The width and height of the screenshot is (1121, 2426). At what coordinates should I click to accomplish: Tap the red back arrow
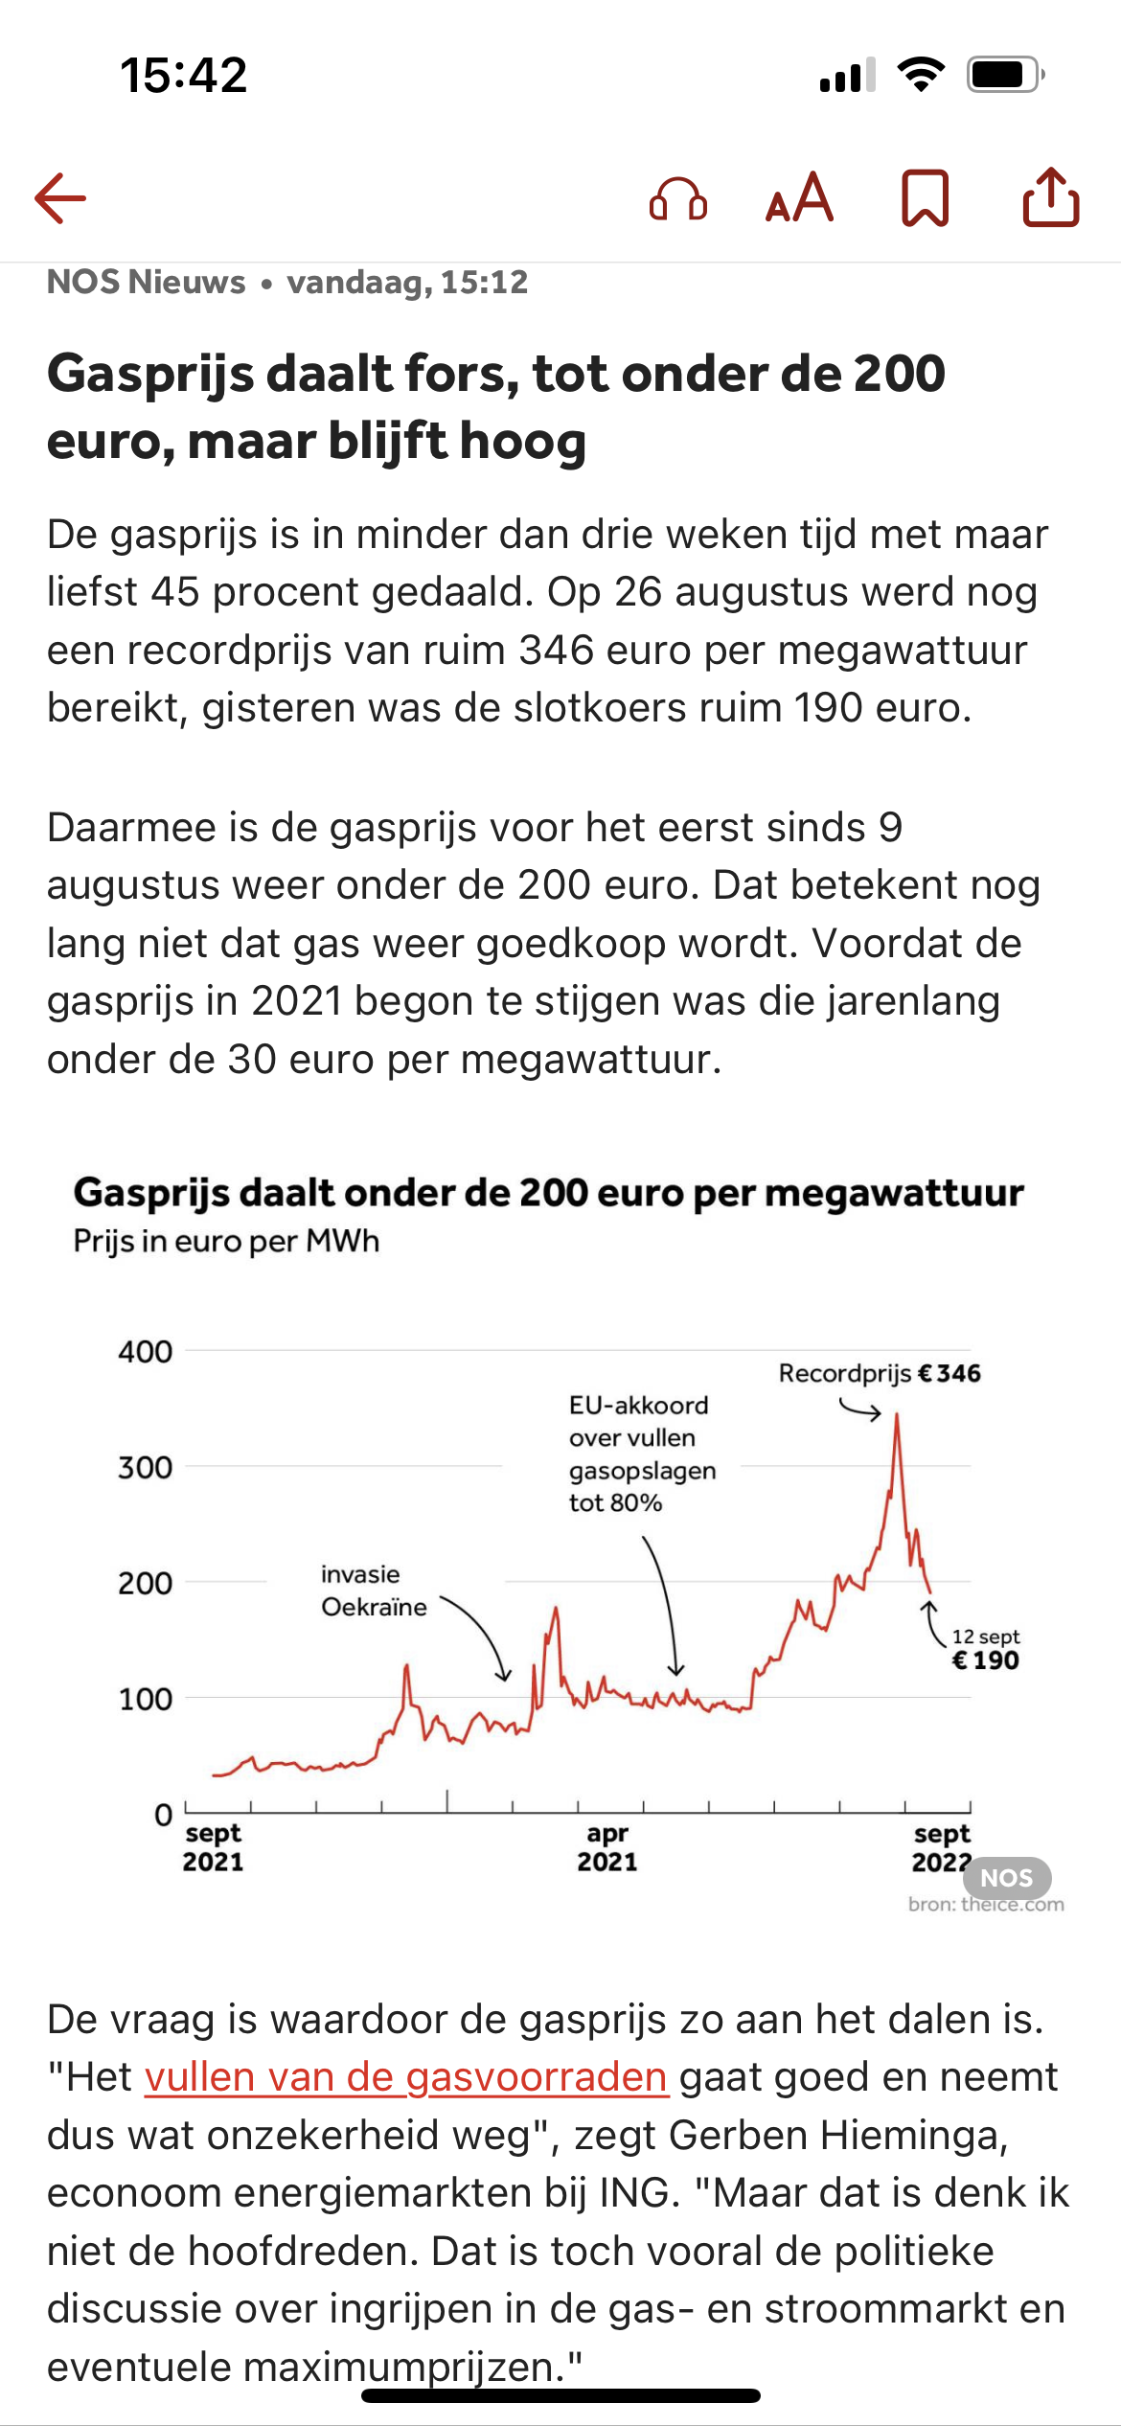tap(60, 198)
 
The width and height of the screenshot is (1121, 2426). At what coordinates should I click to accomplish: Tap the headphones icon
tap(678, 199)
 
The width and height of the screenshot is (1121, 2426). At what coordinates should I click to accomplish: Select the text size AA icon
tap(800, 197)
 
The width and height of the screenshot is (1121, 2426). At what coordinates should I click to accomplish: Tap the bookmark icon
tap(926, 198)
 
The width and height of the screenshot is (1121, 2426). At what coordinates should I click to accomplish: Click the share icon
tap(1051, 196)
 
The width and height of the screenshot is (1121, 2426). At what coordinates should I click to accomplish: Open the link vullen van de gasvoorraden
tap(406, 2076)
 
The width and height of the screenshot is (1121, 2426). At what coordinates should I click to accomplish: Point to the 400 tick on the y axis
tap(146, 1352)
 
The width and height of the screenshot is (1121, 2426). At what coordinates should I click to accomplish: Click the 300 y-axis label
tap(146, 1467)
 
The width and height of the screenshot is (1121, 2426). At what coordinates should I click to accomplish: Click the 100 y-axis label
tap(146, 1699)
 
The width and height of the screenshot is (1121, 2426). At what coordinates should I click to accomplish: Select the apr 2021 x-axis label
tap(607, 1847)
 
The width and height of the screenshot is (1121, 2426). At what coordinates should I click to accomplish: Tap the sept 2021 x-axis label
tap(214, 1847)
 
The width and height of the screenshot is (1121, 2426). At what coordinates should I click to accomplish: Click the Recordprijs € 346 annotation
tap(880, 1373)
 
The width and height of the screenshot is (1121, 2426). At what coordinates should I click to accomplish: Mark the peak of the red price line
tap(897, 1414)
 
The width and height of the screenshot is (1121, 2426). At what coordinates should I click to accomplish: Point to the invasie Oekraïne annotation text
tap(374, 1591)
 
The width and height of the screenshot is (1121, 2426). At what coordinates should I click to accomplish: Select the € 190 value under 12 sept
tap(985, 1660)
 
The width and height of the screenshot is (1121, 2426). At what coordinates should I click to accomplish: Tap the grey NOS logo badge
tap(1007, 1878)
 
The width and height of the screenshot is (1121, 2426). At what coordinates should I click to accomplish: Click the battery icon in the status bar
tap(1005, 75)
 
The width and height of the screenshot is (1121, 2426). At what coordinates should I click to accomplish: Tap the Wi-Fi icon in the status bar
tap(921, 75)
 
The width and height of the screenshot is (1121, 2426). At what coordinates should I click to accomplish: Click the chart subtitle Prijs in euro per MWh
tap(227, 1241)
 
